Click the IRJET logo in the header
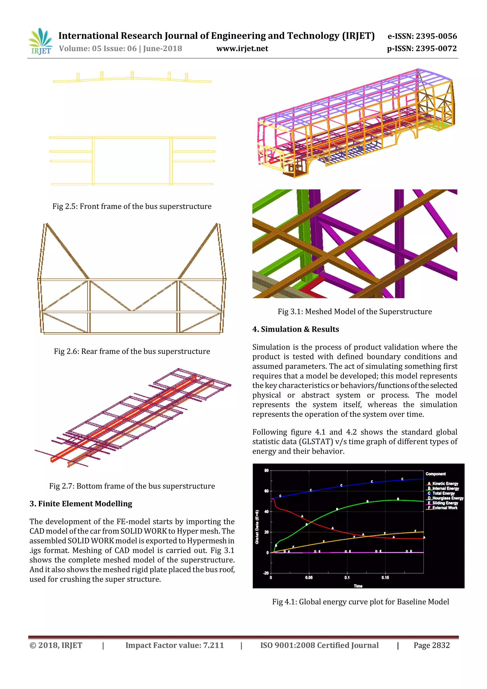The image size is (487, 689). (40, 41)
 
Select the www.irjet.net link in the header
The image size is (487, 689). (242, 49)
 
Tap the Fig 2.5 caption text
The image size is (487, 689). (132, 207)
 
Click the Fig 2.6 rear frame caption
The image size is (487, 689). (132, 351)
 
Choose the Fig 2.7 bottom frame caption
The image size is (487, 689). (132, 486)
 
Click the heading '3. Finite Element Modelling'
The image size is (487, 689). (81, 504)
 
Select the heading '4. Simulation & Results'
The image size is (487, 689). (295, 329)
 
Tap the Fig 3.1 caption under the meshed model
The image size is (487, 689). (355, 312)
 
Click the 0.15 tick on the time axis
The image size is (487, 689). (385, 577)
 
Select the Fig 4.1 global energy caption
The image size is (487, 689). (360, 602)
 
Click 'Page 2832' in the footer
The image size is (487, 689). (432, 645)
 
